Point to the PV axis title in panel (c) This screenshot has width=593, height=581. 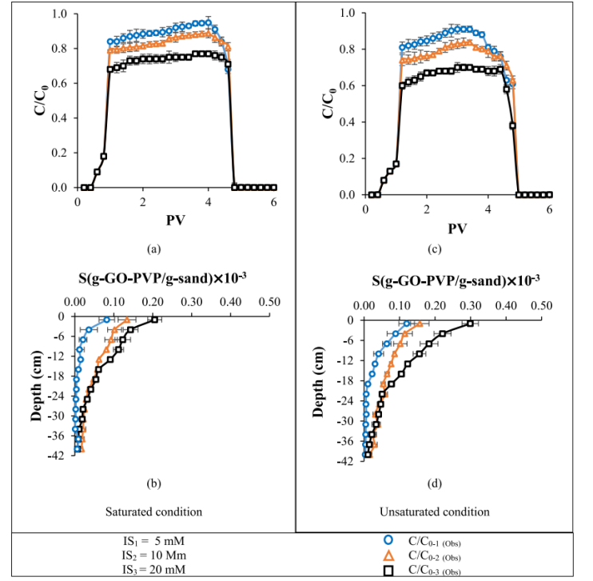coord(456,229)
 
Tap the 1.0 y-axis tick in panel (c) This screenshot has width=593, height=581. coord(348,13)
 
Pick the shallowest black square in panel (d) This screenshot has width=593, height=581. coord(471,324)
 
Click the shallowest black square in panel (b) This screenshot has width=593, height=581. coord(153,320)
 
